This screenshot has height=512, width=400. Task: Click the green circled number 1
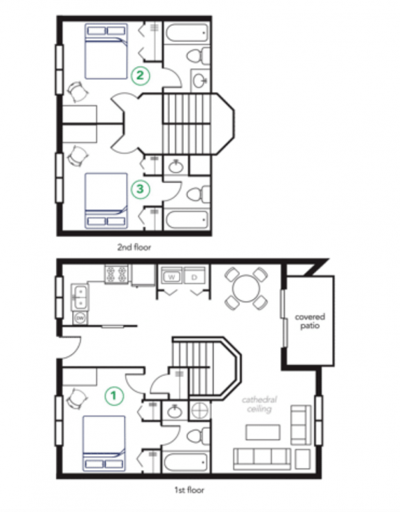click(114, 395)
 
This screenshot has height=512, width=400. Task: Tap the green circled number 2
click(140, 76)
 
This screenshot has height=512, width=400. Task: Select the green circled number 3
click(140, 189)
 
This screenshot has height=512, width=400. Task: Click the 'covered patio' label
click(310, 322)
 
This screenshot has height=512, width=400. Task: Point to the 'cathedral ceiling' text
click(259, 404)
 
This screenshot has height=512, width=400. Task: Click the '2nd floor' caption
click(134, 247)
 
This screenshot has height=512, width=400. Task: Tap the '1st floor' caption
click(189, 490)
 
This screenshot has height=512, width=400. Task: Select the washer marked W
click(171, 276)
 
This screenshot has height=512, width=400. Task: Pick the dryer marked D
click(194, 276)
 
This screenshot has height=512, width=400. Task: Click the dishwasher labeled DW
click(80, 318)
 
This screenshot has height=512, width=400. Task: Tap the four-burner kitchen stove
click(116, 274)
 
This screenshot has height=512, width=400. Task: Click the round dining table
click(246, 289)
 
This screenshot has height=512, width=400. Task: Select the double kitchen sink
click(80, 297)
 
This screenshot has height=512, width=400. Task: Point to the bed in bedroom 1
click(104, 443)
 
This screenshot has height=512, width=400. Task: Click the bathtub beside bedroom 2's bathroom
click(187, 32)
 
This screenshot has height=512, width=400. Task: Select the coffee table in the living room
click(263, 432)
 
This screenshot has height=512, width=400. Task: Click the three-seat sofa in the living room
click(262, 459)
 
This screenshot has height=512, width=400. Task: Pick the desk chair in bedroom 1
click(77, 399)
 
